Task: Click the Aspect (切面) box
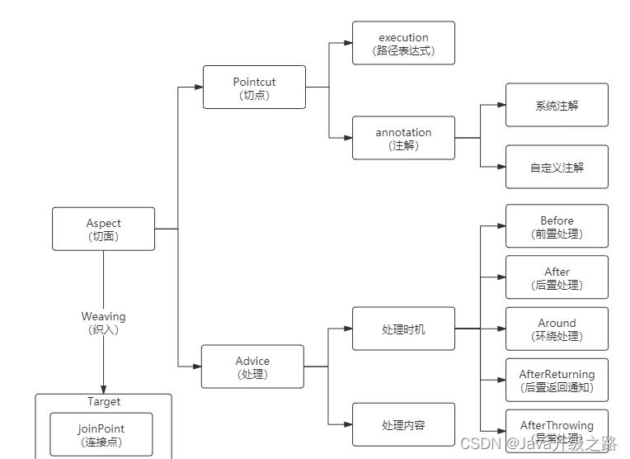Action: (x=103, y=229)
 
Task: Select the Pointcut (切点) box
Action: (x=254, y=88)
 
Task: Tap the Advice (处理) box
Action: (x=252, y=367)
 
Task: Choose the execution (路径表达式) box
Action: (x=403, y=44)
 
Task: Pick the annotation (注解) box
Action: (x=403, y=138)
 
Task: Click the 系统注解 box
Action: (x=557, y=105)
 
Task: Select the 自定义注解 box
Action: (x=557, y=167)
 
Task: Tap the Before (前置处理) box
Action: (x=557, y=226)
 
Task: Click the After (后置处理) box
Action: (x=557, y=277)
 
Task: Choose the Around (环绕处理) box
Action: (x=557, y=329)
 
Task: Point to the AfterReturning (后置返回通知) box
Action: (x=557, y=380)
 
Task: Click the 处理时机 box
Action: (x=403, y=329)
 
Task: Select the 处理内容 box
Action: (x=403, y=425)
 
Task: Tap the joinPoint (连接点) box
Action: (x=101, y=434)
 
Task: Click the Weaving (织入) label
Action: (x=103, y=322)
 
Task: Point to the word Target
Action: (x=103, y=402)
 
